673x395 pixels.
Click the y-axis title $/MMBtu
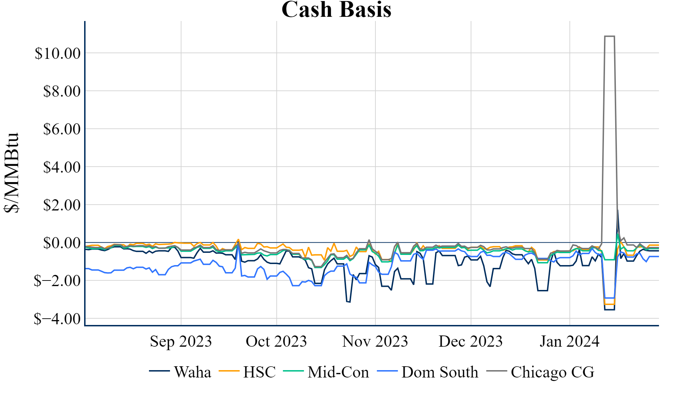(11, 173)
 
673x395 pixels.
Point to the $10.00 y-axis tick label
(57, 54)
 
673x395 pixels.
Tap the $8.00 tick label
(62, 91)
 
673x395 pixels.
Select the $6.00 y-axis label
(62, 129)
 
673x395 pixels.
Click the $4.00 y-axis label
(62, 167)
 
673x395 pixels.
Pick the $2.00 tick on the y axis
(62, 205)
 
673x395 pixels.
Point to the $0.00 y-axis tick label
(62, 243)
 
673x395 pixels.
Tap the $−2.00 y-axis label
(57, 281)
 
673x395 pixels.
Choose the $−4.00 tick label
(57, 319)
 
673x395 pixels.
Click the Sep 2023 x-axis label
(181, 341)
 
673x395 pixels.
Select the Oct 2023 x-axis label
(276, 341)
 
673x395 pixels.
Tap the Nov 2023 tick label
(375, 341)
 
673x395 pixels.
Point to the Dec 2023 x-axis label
(470, 341)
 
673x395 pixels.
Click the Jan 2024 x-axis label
(570, 341)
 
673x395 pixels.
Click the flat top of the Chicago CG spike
(610, 36)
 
